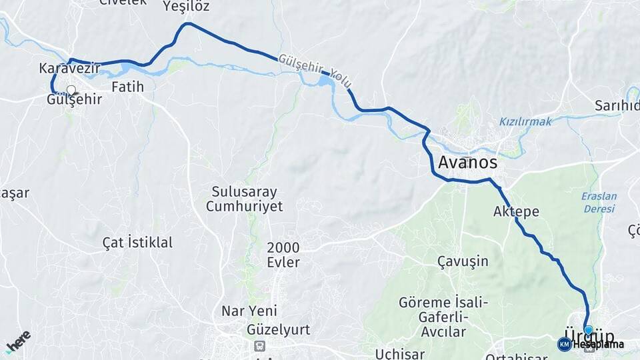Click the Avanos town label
(467, 162)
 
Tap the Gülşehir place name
(74, 99)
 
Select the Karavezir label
(69, 68)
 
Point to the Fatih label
(127, 87)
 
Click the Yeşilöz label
(186, 7)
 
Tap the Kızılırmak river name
(525, 122)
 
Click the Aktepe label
(516, 211)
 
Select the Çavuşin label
(463, 261)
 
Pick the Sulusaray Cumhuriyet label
(244, 199)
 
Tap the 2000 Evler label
(283, 255)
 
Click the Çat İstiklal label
(137, 242)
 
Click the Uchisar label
(400, 353)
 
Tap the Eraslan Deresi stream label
(599, 202)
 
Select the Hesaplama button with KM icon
(591, 344)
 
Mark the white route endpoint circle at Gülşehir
(71, 89)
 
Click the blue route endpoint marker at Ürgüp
(588, 330)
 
